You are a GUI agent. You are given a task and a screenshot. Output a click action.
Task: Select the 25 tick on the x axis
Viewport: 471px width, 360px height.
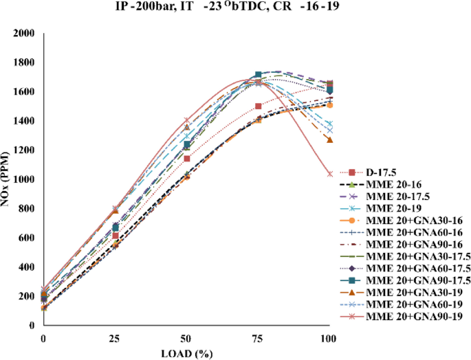[x=115, y=339]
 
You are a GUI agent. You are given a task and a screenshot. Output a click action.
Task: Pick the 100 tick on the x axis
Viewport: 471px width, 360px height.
[x=329, y=339]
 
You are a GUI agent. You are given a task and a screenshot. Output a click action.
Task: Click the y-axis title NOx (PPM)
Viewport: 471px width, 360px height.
[x=8, y=179]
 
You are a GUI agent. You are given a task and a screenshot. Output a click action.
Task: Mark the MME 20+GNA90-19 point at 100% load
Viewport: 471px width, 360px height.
[x=330, y=174]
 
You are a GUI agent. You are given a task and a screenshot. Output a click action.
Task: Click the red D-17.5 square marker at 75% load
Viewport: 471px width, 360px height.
[x=259, y=106]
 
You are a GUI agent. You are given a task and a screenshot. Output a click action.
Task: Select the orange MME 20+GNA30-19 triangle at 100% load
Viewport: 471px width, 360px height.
[x=330, y=139]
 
